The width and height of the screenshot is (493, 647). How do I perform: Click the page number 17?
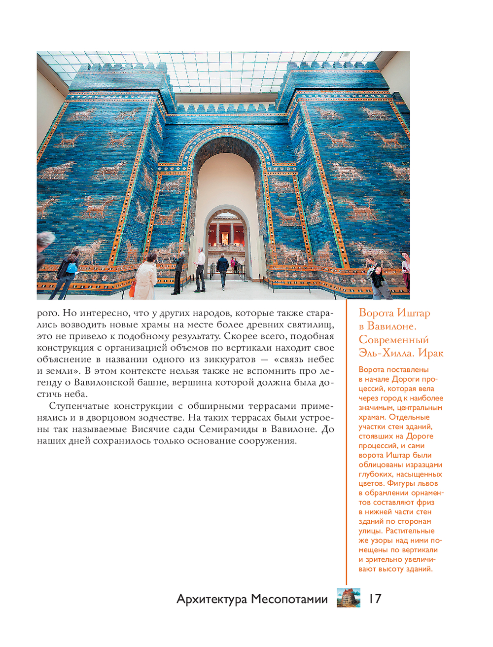coord(375,599)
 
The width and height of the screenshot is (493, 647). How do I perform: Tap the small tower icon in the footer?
coord(349,598)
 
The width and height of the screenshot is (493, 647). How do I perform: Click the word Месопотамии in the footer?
coord(289,599)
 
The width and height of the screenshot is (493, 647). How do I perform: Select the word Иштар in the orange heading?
coord(414,313)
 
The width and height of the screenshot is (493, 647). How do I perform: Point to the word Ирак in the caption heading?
coord(430,353)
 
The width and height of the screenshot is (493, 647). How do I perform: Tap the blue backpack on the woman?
coord(72,268)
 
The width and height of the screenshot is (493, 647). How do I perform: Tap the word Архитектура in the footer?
coord(211,599)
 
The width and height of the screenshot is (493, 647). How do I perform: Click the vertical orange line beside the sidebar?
coord(347,444)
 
